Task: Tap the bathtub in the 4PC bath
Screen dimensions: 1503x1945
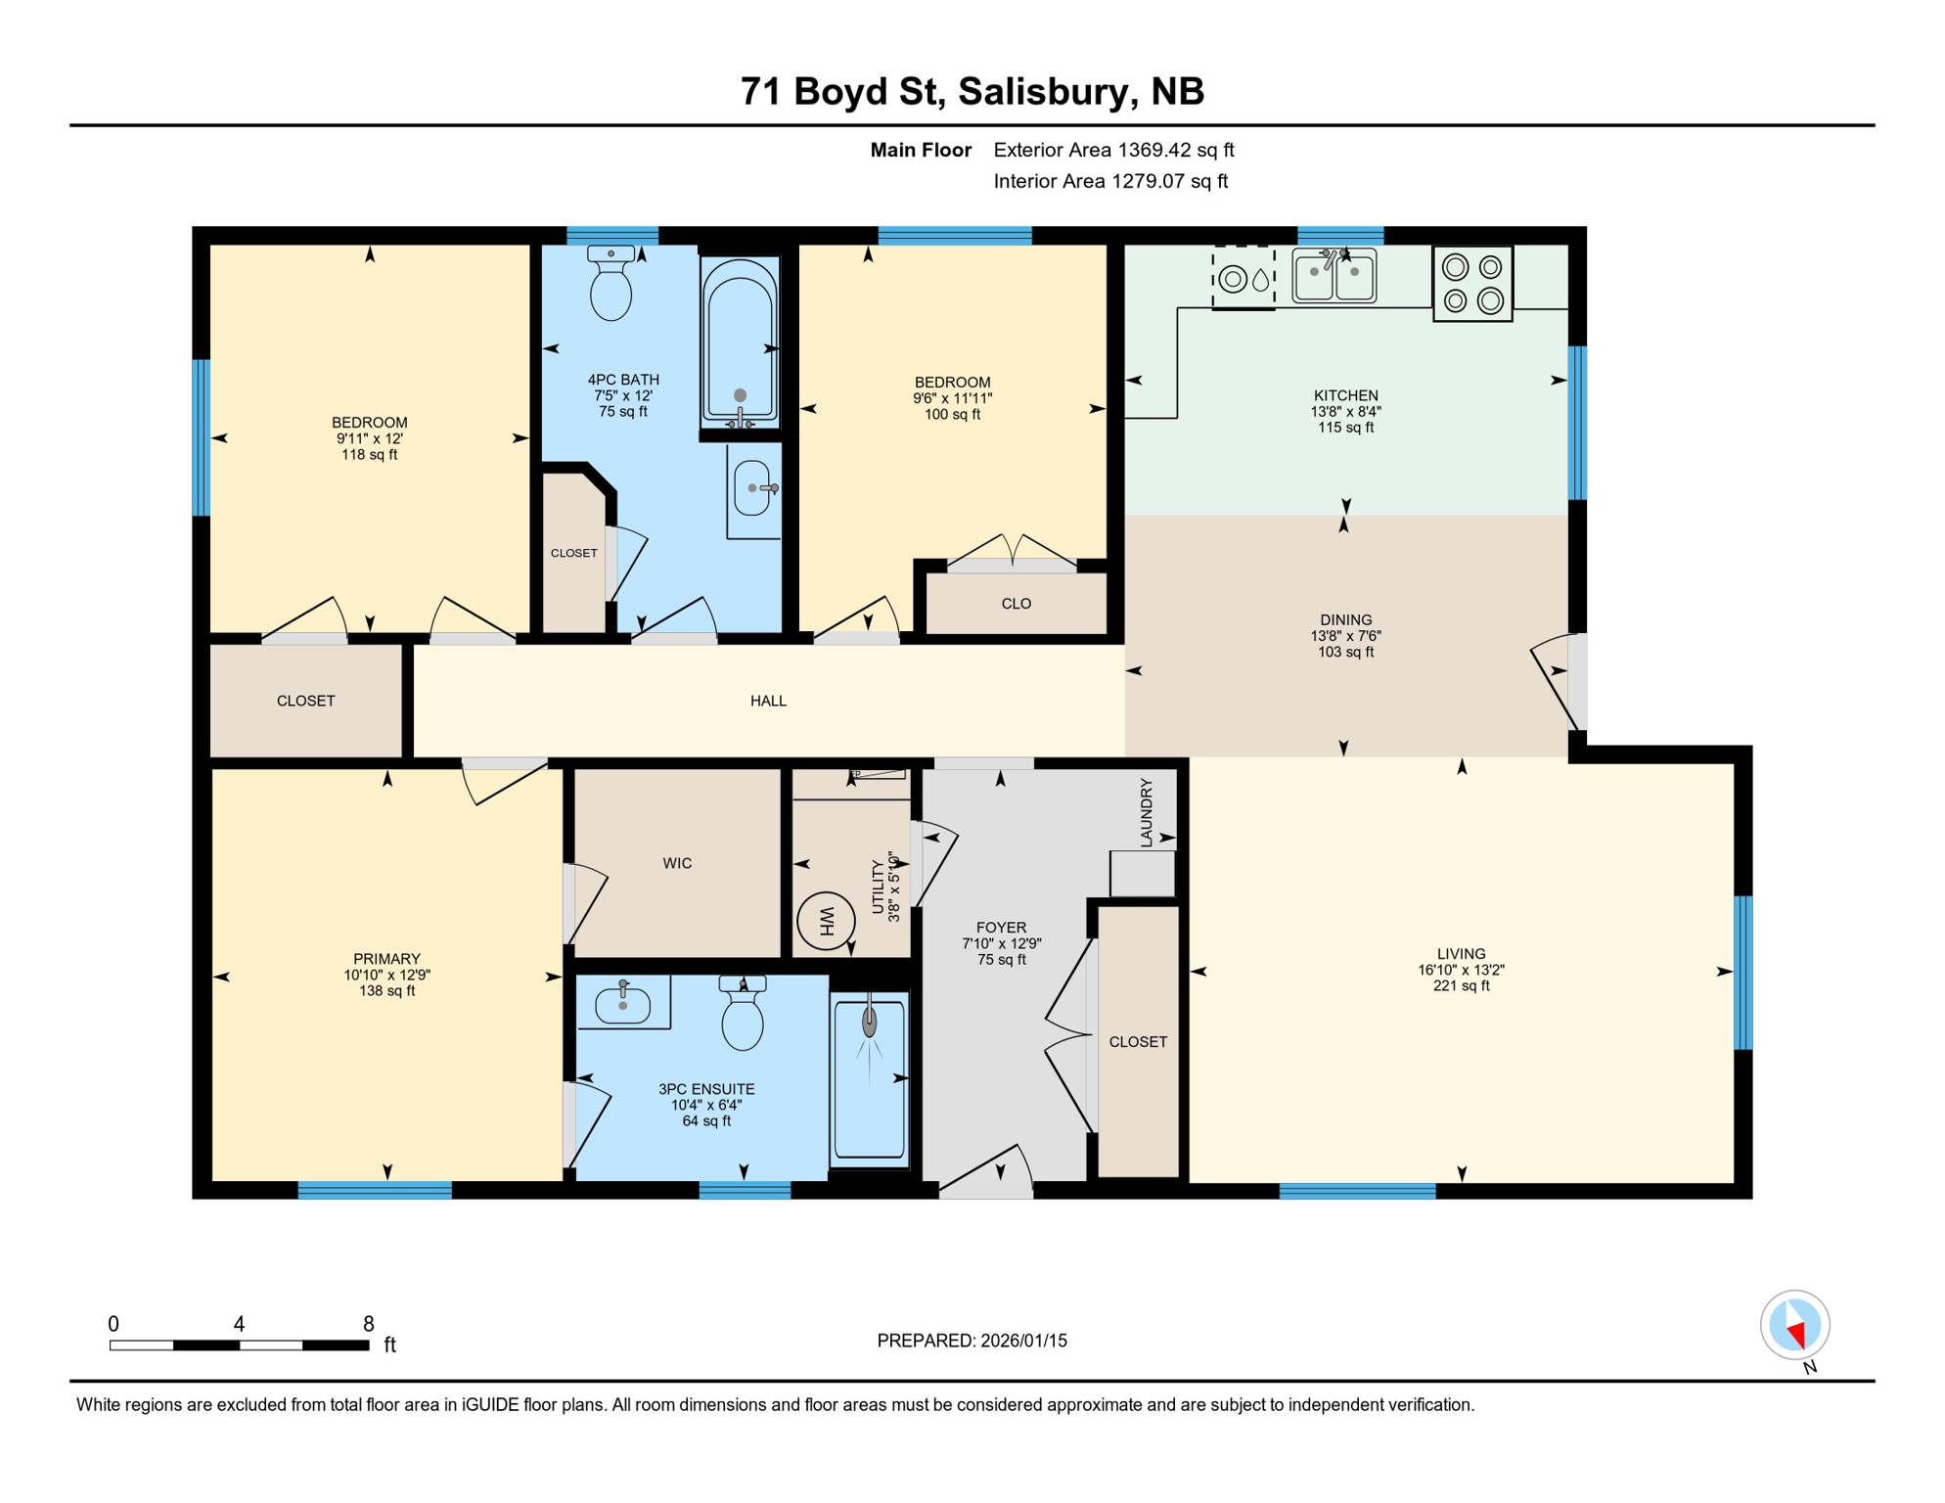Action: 740,340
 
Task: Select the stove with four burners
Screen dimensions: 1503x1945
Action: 1472,284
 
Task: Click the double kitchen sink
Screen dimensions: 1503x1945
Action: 1334,275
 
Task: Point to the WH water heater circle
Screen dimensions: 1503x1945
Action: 826,920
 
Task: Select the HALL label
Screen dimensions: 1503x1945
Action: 768,701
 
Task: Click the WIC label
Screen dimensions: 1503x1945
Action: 677,863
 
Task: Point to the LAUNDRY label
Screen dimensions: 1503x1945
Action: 1147,812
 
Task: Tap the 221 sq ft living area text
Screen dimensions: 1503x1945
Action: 1461,986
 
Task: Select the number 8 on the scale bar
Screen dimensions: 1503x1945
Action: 368,1324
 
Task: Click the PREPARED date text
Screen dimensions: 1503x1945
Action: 972,1341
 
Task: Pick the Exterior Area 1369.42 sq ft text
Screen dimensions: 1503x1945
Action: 1113,150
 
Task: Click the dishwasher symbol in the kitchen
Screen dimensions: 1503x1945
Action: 1244,279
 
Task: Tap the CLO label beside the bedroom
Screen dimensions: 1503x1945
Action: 1016,604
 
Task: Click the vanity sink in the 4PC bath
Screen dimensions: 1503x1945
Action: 753,487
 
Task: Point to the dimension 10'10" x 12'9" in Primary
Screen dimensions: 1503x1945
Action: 386,975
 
